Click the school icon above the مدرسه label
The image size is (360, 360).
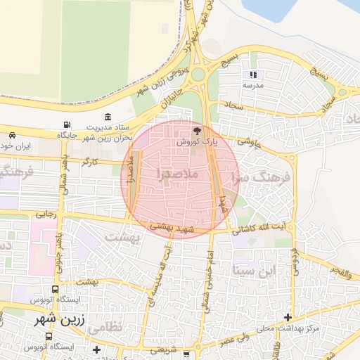(252, 75)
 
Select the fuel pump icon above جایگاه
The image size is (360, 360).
(66, 124)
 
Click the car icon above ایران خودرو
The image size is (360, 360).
(12, 135)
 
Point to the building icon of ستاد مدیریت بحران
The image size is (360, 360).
(108, 117)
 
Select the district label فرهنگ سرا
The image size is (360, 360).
(265, 179)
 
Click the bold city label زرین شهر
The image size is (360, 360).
(62, 319)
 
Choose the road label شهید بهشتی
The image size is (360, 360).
(172, 226)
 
